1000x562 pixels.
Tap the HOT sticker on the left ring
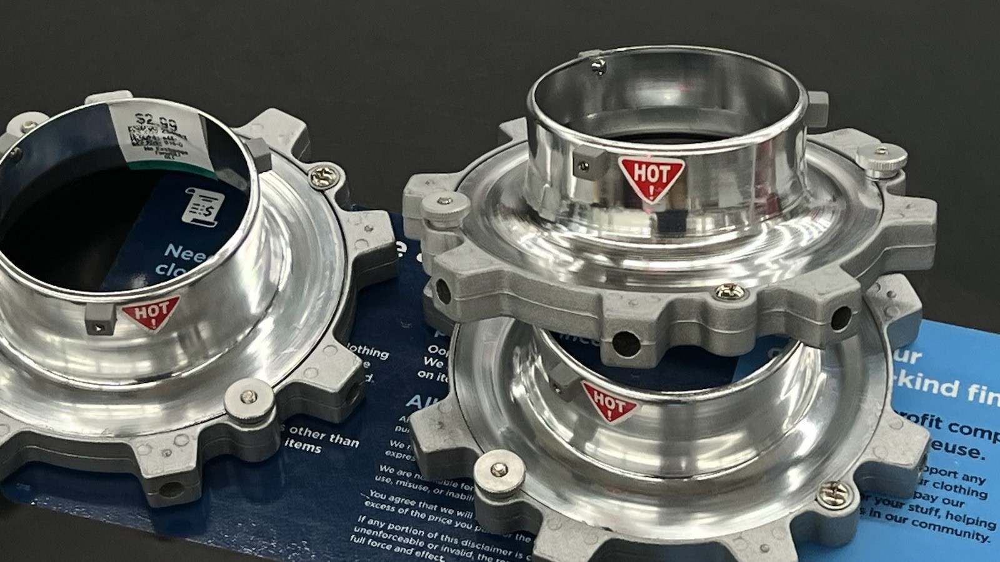(x=151, y=312)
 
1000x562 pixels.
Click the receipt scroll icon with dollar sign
(x=199, y=207)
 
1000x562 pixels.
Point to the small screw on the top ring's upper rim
(x=599, y=64)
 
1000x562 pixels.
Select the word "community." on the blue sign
(x=957, y=534)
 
